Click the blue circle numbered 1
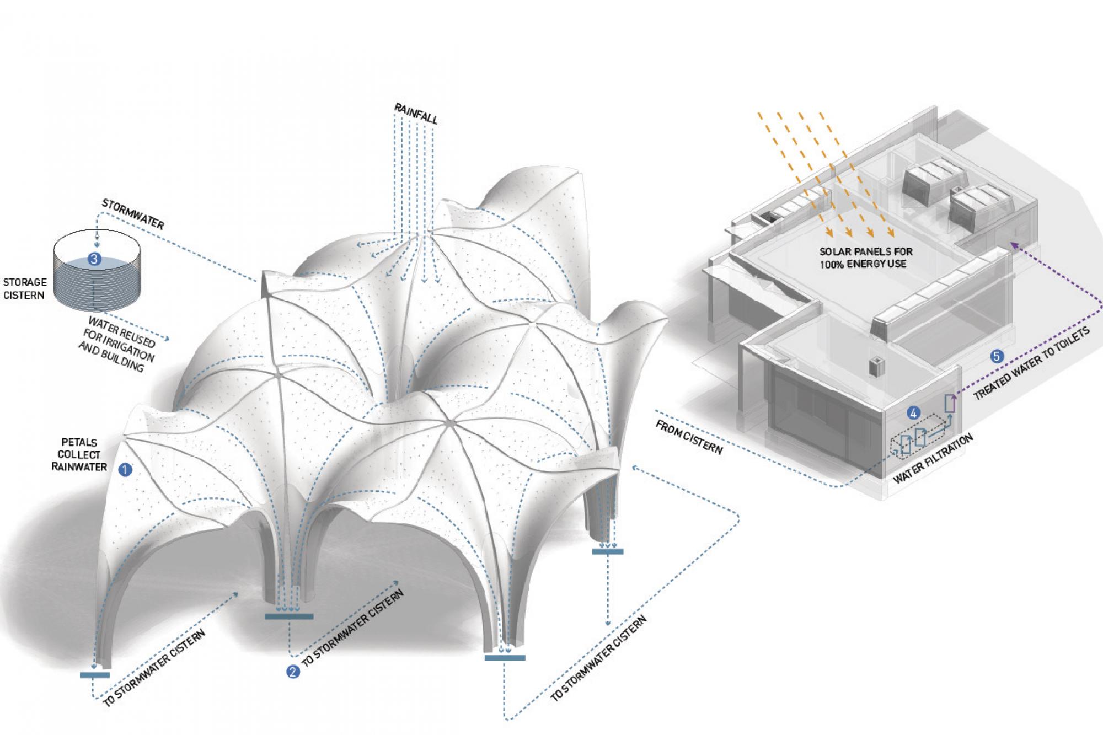tap(125, 470)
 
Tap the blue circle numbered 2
tap(293, 671)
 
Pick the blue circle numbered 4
tap(913, 412)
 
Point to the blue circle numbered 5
tap(997, 357)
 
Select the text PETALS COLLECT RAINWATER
tap(79, 454)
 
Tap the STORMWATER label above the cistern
tap(133, 214)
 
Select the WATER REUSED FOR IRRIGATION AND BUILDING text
tap(117, 344)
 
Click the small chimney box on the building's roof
tap(874, 368)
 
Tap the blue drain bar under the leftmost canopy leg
tap(95, 674)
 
